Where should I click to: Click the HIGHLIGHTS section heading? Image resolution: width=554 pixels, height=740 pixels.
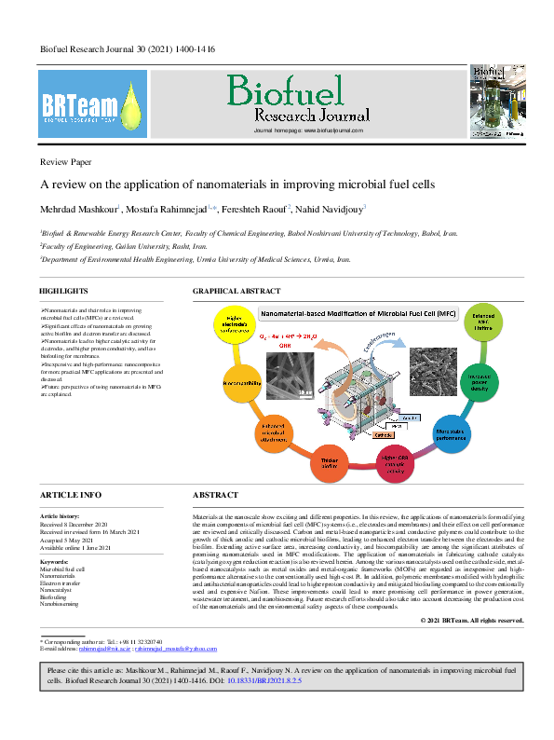click(64, 292)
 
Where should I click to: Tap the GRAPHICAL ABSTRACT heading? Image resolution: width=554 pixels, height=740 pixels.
click(235, 292)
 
